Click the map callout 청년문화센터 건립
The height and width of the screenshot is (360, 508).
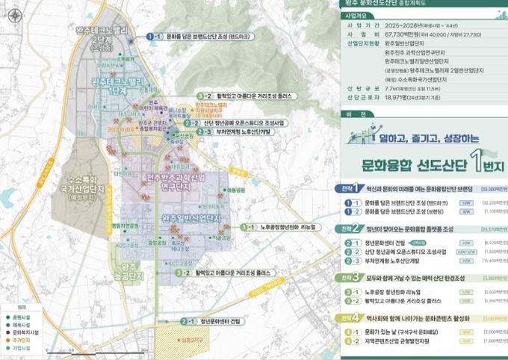pyautogui.click(x=216, y=321)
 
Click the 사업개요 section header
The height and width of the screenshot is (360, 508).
pyautogui.click(x=355, y=14)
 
